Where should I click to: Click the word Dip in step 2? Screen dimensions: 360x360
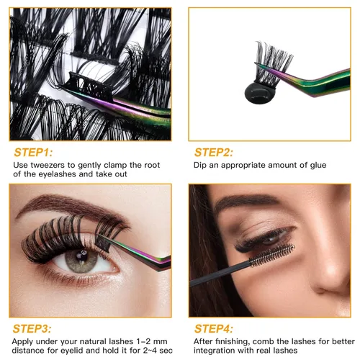pyautogui.click(x=202, y=165)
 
